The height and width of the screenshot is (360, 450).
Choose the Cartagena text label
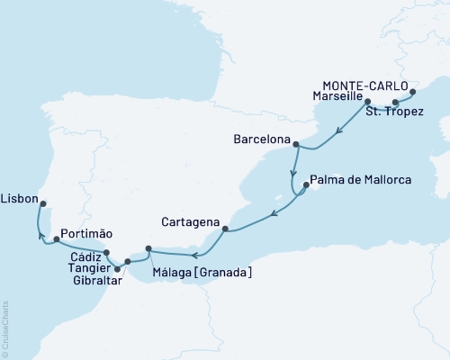(x=190, y=219)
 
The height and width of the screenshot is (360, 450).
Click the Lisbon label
(x=20, y=194)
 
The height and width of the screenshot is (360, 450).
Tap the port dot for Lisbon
(x=43, y=202)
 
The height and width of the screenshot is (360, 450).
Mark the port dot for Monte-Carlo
(x=413, y=92)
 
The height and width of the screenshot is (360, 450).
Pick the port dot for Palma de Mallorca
(x=305, y=186)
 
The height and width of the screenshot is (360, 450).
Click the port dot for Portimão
(x=57, y=239)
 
